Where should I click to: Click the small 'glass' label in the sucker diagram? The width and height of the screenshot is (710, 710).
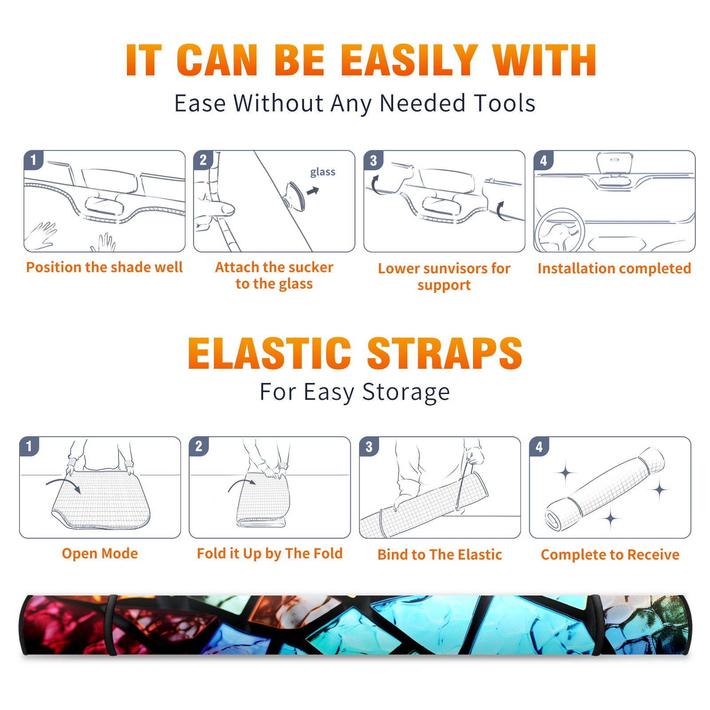point(323,172)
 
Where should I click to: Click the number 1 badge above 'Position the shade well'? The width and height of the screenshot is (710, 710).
point(34,160)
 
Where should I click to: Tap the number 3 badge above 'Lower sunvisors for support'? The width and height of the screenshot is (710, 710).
point(373,160)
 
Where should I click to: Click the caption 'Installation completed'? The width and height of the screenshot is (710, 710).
point(614,268)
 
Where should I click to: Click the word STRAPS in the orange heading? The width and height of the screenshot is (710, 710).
point(445,353)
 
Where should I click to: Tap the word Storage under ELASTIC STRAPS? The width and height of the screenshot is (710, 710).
point(406,392)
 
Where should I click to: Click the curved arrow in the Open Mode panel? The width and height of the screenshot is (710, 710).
point(63,485)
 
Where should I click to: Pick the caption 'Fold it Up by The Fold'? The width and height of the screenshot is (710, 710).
point(270,553)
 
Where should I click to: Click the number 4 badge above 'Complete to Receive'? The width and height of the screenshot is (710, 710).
point(539,446)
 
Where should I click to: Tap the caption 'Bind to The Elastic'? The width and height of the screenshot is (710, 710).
point(440,555)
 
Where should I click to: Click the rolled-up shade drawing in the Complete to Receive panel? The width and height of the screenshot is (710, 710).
point(605,489)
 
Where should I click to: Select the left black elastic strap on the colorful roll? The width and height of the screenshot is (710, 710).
point(111,625)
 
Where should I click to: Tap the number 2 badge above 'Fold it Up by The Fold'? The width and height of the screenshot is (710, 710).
point(199,446)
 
